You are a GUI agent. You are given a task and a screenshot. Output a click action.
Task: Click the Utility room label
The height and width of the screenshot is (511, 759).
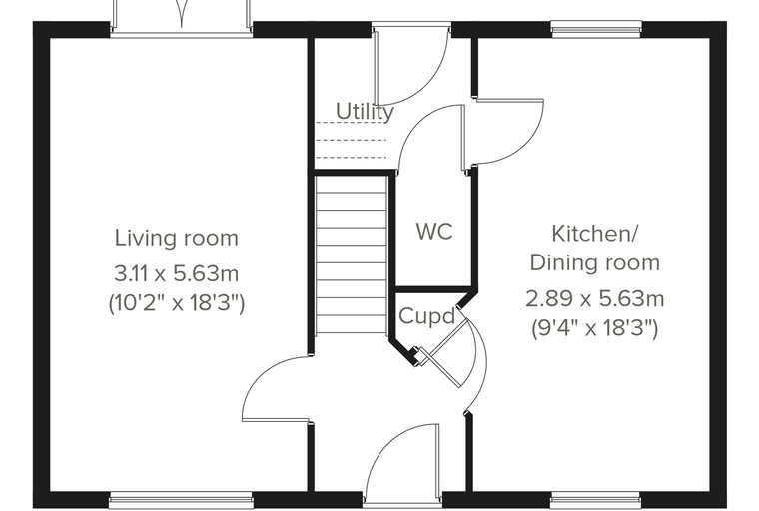point(365,112)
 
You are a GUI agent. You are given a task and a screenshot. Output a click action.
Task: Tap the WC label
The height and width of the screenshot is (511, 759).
point(434,232)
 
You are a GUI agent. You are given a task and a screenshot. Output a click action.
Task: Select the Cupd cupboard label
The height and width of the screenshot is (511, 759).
point(427,317)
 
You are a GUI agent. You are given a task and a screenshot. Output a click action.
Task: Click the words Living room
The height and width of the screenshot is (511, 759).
point(177,238)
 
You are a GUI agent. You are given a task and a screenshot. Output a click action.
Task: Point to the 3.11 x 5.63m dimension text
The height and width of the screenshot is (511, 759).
point(177,273)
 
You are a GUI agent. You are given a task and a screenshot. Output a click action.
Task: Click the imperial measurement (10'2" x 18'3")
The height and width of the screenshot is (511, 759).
point(177,304)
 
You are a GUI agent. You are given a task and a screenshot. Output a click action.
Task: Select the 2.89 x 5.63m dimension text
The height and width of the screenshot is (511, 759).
point(595,299)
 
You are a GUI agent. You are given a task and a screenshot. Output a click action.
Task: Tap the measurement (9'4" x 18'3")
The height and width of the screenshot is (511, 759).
point(595,329)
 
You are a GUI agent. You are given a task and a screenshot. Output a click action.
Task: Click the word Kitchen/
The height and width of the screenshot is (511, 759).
point(595,234)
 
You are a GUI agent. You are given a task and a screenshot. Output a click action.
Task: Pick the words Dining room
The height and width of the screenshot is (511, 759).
point(595,263)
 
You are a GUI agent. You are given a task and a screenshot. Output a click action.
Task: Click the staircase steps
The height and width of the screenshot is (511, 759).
point(352,255)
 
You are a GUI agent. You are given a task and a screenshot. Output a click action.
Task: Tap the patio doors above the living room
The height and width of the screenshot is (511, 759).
point(182,17)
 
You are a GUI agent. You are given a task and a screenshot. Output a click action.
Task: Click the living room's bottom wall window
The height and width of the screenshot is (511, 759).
point(181,500)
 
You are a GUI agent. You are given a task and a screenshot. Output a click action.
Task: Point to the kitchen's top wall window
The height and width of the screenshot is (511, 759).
point(596,29)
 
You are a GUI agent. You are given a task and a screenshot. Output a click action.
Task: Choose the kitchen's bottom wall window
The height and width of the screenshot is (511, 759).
point(595,500)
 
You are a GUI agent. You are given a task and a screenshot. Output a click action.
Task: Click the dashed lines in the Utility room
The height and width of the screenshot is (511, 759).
point(352,140)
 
